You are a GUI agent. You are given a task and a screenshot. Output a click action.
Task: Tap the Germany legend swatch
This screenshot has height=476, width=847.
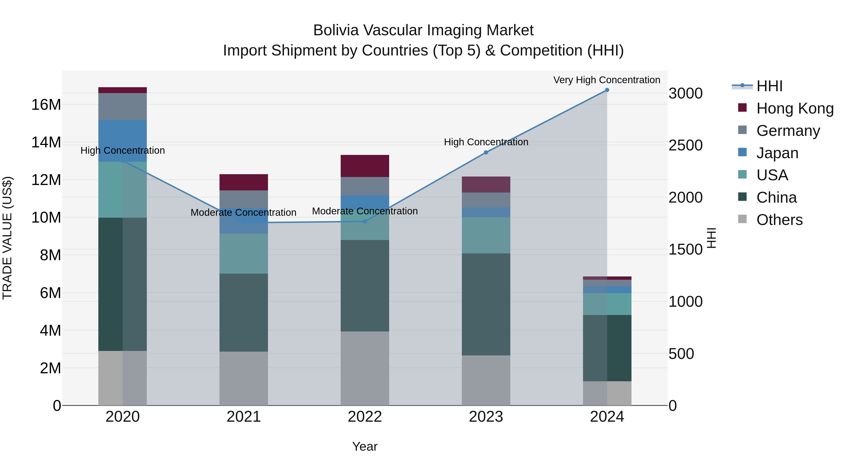pos(743,130)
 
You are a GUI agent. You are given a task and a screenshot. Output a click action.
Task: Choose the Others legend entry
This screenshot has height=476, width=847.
pos(779,220)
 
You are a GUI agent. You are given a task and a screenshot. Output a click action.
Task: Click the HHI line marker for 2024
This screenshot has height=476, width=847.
pos(607,90)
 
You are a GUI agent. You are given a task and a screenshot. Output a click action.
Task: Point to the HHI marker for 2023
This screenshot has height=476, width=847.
pos(486,152)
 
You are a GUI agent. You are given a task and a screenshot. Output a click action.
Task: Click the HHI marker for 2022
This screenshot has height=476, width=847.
pos(365,221)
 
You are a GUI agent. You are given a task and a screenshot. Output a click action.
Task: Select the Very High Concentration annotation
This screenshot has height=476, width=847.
pos(607,80)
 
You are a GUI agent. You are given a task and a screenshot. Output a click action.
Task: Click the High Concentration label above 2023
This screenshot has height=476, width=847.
pos(486,142)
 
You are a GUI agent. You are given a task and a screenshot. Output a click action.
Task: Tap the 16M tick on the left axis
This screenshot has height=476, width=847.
pos(46,105)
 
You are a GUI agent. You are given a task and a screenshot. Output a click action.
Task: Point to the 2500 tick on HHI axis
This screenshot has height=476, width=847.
pos(686,145)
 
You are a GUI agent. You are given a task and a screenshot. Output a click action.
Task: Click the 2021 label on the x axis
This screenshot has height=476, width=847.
pos(244,417)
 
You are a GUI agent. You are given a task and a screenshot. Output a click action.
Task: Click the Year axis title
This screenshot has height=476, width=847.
pos(365,446)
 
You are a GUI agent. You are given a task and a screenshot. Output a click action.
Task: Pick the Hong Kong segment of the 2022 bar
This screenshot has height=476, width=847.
pos(365,166)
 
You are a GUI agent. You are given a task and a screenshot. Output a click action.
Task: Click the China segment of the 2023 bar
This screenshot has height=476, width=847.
pos(486,304)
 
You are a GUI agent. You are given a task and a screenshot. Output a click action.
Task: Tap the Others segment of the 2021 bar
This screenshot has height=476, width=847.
pos(244,378)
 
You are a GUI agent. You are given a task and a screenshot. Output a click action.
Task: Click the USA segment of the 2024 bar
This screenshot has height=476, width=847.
pos(607,304)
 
